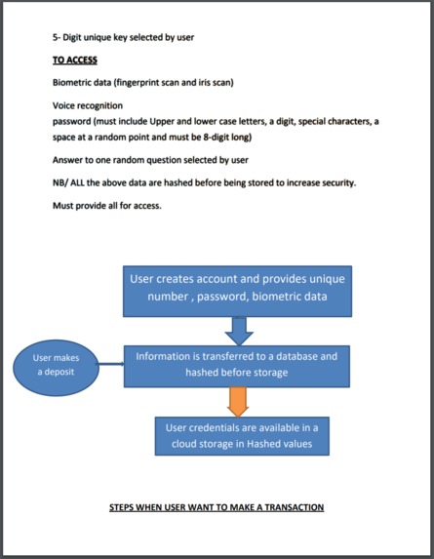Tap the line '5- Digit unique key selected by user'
123,37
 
